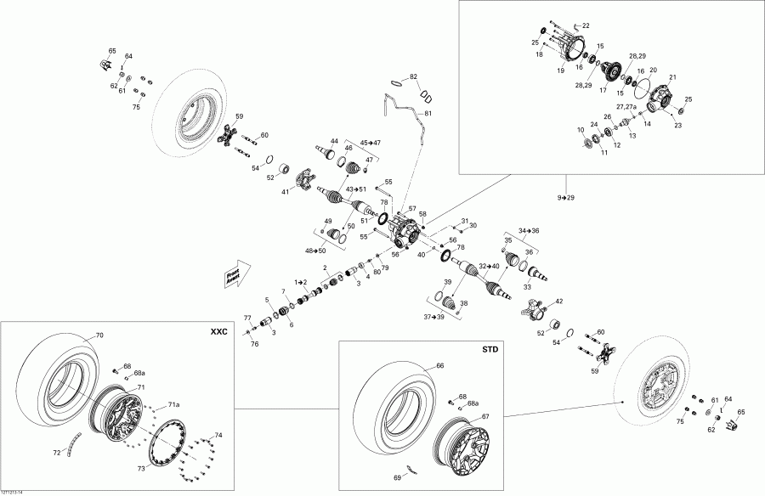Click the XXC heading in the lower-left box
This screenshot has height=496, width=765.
tap(218, 331)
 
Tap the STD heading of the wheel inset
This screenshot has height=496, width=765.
tap(490, 349)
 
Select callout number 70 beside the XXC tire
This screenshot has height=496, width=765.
tap(99, 335)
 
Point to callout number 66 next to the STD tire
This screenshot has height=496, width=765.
tap(440, 365)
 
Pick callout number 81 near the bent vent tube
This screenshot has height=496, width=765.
tap(428, 113)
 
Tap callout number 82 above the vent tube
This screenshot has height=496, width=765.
tap(414, 76)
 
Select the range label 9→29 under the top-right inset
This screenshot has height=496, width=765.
tap(567, 198)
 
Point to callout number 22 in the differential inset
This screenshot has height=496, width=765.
tap(585, 25)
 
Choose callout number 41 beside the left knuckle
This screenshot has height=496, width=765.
tap(286, 192)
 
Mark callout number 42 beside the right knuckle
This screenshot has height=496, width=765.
tap(558, 302)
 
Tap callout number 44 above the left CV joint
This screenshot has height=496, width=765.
tap(334, 140)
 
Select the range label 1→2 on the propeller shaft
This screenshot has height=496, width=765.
tap(300, 281)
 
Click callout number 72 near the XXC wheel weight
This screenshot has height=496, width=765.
tap(57, 453)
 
